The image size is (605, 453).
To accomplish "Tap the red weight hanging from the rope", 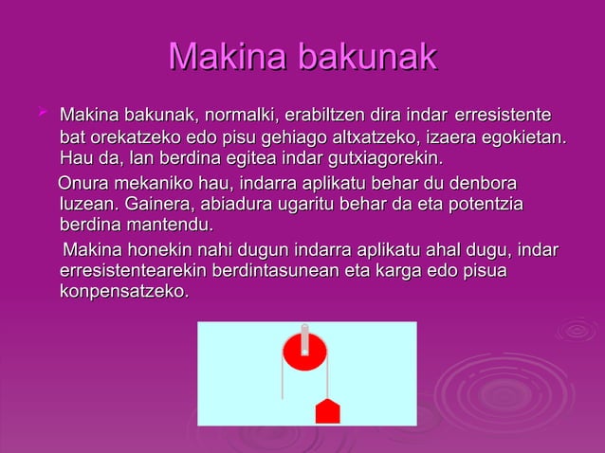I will pyautogui.click(x=327, y=411).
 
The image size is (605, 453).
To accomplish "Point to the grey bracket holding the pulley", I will pyautogui.click(x=304, y=335).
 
